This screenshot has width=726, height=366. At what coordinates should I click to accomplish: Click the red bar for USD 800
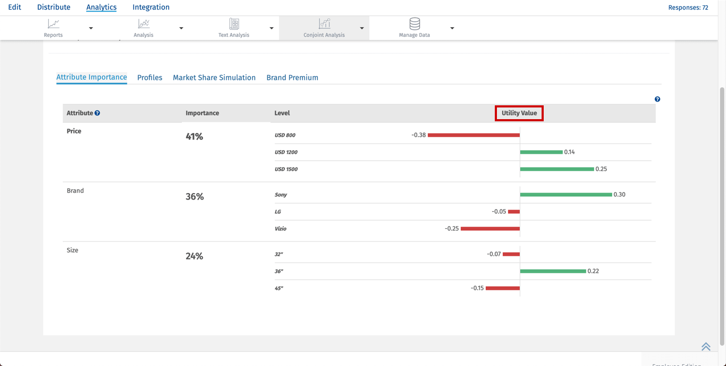(474, 135)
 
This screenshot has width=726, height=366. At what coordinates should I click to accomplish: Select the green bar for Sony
(566, 195)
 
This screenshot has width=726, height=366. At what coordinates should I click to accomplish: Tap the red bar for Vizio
(490, 229)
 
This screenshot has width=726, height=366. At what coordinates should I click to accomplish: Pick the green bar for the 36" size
(553, 271)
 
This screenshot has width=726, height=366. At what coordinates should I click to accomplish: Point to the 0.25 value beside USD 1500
(601, 169)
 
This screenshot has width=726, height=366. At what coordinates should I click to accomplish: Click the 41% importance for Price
(195, 137)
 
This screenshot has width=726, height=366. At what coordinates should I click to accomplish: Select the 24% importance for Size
(195, 256)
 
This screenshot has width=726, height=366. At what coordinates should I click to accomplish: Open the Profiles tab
(150, 78)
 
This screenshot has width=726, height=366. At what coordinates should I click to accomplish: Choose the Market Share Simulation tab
(214, 78)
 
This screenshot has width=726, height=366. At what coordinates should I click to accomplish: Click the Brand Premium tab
(292, 78)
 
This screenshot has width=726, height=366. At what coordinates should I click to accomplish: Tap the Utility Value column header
(519, 113)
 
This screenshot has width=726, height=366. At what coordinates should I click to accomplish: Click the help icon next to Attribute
(97, 113)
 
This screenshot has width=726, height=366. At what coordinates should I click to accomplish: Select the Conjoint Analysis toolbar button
(324, 28)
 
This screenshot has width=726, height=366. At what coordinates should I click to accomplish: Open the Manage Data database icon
(415, 24)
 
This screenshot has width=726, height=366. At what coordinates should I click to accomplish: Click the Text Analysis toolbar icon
(234, 24)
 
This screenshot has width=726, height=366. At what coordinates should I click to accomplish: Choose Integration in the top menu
(151, 7)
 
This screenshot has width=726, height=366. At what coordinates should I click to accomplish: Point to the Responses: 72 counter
(688, 8)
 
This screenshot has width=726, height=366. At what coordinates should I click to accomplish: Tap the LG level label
(278, 212)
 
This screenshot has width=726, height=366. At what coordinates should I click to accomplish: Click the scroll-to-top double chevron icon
(706, 347)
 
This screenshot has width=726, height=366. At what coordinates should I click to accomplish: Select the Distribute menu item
(54, 7)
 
